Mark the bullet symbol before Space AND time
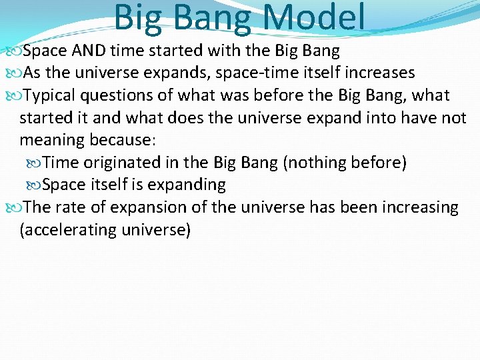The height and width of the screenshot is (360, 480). pyautogui.click(x=14, y=51)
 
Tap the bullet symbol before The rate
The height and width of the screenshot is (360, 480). pyautogui.click(x=14, y=208)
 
